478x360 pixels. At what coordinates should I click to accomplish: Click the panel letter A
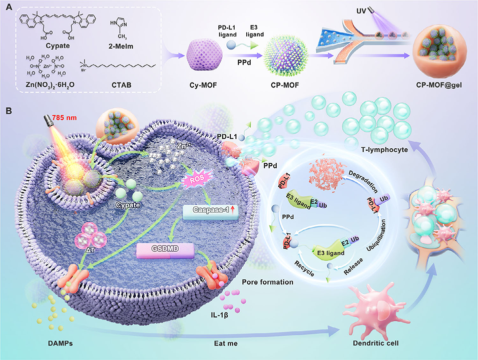pos(7,7)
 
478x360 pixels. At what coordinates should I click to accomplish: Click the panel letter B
pos(7,122)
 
